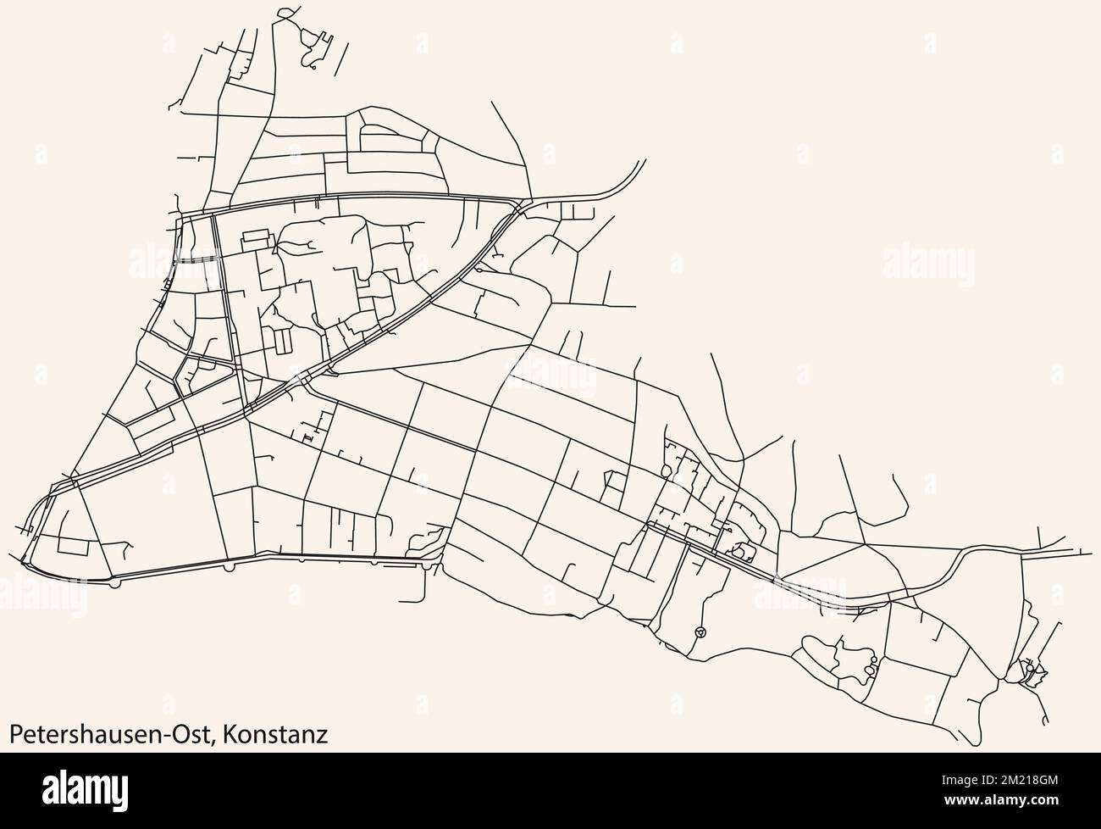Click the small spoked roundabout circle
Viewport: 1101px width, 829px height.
700,631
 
